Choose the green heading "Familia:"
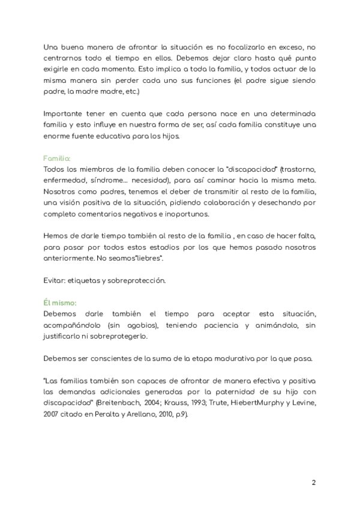[x=57, y=158]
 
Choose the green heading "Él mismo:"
[x=60, y=304]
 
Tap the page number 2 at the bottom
[x=314, y=483]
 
